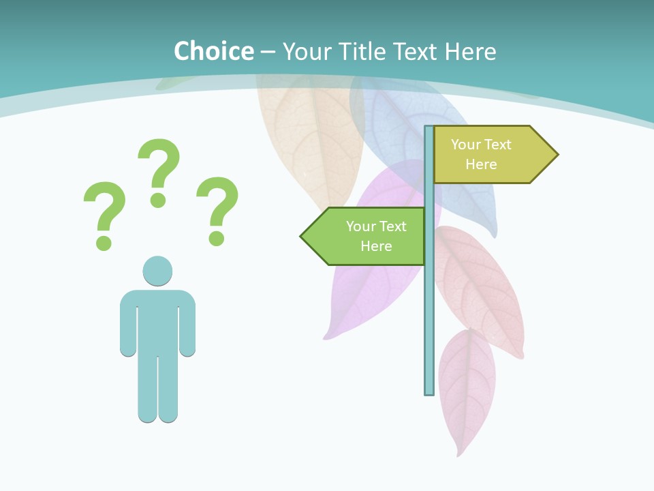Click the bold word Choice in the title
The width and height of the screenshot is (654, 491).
pyautogui.click(x=213, y=51)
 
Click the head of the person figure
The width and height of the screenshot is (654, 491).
pyautogui.click(x=157, y=271)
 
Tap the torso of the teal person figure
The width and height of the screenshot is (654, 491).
pyautogui.click(x=157, y=321)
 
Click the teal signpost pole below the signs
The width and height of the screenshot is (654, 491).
pyautogui.click(x=429, y=327)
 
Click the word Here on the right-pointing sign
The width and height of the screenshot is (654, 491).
pyautogui.click(x=481, y=164)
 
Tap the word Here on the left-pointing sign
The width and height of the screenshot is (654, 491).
pyautogui.click(x=376, y=246)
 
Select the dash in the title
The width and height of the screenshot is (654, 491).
pyautogui.click(x=268, y=52)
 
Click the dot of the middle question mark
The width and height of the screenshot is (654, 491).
pyautogui.click(x=158, y=200)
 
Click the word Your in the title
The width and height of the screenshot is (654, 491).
pyautogui.click(x=306, y=51)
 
